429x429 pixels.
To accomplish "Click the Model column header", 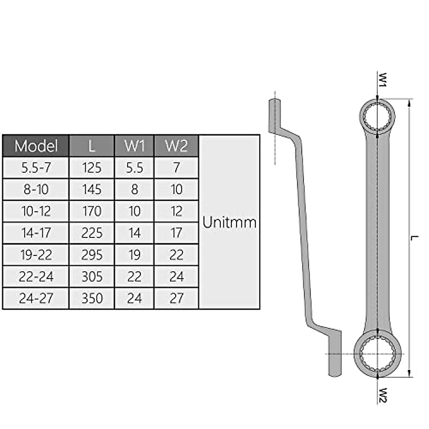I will click(36, 146).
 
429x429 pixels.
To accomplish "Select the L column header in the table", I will click(92, 146).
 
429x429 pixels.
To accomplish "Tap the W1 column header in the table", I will click(134, 146).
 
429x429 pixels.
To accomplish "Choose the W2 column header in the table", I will click(176, 146).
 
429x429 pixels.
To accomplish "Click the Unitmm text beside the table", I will click(230, 222).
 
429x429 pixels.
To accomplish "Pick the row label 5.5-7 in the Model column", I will click(36, 168).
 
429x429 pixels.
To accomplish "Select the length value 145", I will click(92, 189).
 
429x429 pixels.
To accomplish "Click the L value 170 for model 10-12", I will click(92, 211).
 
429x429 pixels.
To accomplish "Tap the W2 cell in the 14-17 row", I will click(176, 233).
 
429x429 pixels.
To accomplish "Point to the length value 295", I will click(92, 255).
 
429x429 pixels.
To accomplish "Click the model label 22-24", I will click(36, 277).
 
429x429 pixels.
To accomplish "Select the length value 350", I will click(92, 298).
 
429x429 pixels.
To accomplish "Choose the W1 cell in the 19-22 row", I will click(134, 255).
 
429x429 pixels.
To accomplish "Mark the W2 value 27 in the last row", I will click(176, 298).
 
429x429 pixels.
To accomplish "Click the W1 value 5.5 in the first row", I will click(134, 168).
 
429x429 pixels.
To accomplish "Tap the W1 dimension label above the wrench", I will click(383, 80).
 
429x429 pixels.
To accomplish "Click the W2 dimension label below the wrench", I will click(383, 395).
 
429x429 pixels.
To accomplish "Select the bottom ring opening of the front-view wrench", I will click(378, 354).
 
